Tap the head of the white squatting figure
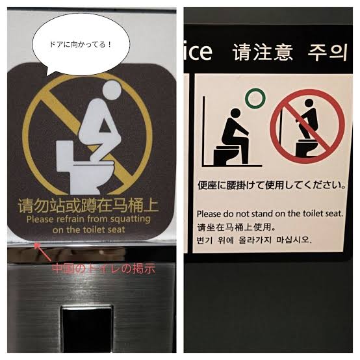(x=112, y=90)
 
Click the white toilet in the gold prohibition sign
(x=85, y=168)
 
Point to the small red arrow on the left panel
(x=43, y=252)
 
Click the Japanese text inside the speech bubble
(x=81, y=44)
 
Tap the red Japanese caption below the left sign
(x=103, y=268)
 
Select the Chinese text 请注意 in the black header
(x=263, y=53)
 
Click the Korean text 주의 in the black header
(x=327, y=53)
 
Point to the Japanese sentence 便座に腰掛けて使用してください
(x=272, y=185)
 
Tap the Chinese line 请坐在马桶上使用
(x=237, y=227)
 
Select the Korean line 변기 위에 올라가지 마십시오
(x=254, y=240)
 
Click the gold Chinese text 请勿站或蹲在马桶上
(x=88, y=206)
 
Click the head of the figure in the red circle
(x=309, y=103)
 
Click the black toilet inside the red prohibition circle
(x=307, y=149)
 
